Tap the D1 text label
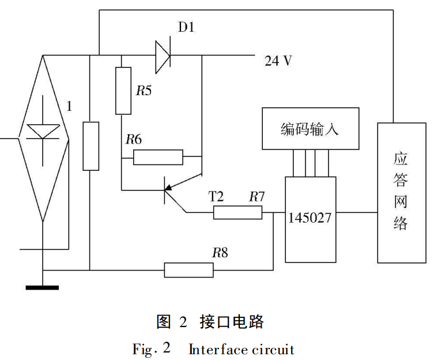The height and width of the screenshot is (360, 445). point(186,28)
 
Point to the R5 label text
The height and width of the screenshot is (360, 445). point(144,91)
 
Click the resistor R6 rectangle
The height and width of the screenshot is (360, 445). point(158,157)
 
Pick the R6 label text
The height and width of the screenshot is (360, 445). point(134,139)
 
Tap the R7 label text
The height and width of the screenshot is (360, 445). point(257,197)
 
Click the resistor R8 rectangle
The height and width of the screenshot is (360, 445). point(188,269)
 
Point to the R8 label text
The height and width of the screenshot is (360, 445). point(220,252)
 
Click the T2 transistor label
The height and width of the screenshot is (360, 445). point(216,197)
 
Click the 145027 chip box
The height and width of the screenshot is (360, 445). point(310,219)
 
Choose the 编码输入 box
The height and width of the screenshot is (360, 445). point(310,129)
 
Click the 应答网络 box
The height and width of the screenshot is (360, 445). point(401,193)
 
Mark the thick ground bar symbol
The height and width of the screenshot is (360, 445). point(42,286)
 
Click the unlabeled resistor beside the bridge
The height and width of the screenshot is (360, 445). point(90,146)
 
